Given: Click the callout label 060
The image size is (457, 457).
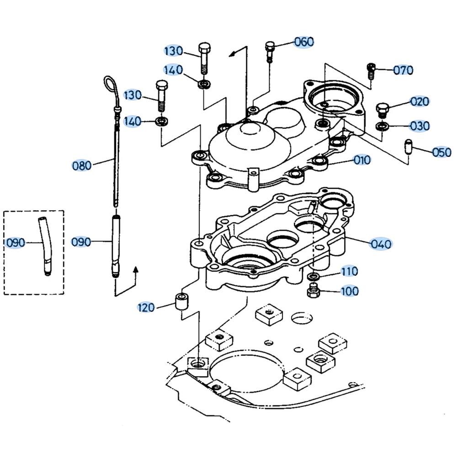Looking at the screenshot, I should (x=304, y=42).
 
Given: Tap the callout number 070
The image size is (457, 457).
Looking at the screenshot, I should (x=403, y=70).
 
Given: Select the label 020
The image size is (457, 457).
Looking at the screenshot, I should (x=420, y=101).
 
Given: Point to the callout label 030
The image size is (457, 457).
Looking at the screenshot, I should (x=420, y=126).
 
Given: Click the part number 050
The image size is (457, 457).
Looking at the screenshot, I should (x=441, y=152).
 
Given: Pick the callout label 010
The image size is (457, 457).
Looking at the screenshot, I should (x=361, y=160).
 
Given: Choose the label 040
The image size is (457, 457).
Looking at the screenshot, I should (x=381, y=244).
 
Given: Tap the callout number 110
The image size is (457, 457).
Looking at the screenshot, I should (x=350, y=272).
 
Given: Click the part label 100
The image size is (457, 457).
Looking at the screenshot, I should (x=350, y=291).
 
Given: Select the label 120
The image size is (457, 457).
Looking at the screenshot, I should (x=146, y=308).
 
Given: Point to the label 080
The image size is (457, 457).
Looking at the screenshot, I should (x=82, y=165).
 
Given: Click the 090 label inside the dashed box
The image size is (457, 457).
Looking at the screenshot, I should (x=15, y=242).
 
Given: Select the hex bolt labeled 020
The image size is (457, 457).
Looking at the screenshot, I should (x=382, y=110).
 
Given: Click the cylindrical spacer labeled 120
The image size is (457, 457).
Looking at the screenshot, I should (x=181, y=303).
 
